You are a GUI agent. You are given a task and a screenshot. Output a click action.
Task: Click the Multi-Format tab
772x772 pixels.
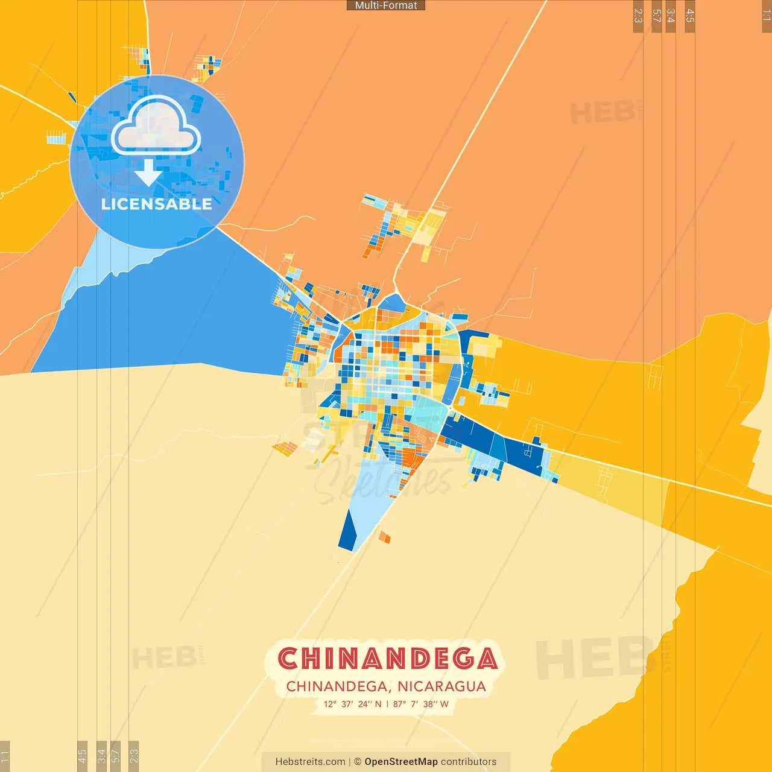[x=386, y=5]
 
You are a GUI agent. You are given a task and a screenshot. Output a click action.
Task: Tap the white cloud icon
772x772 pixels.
[x=156, y=125]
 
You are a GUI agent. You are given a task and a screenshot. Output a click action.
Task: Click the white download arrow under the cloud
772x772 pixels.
[x=148, y=172]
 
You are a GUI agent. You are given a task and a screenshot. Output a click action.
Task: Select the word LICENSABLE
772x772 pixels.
[x=157, y=204]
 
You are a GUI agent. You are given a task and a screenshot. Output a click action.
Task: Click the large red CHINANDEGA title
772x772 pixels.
[x=387, y=659]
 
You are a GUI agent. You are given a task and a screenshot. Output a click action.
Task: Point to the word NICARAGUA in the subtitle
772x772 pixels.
[x=441, y=686]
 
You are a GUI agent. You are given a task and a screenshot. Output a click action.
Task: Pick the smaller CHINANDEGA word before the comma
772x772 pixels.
[x=337, y=686]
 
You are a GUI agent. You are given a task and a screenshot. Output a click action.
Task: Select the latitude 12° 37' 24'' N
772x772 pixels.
[x=353, y=704]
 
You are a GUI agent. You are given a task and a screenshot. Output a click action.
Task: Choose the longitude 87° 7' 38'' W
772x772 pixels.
[x=421, y=704]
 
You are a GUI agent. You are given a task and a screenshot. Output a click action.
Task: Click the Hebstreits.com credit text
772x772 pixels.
[x=311, y=762]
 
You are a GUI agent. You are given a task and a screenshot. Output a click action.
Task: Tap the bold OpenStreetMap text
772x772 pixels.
[x=401, y=762]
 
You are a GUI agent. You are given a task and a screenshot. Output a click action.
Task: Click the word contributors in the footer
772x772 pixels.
[x=469, y=762]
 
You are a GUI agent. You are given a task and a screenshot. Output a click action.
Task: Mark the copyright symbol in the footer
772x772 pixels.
[x=358, y=762]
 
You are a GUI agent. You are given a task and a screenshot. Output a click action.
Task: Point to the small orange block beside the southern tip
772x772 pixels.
[x=384, y=536]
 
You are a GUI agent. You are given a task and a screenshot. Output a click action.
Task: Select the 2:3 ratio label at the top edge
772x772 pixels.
[x=638, y=16]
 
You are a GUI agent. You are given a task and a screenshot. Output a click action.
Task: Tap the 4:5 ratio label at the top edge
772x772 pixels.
[x=690, y=16]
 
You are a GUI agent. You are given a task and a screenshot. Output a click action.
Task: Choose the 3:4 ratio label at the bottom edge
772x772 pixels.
[x=101, y=755]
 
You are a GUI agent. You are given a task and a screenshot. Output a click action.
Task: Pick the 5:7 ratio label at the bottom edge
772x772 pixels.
[x=115, y=755]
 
